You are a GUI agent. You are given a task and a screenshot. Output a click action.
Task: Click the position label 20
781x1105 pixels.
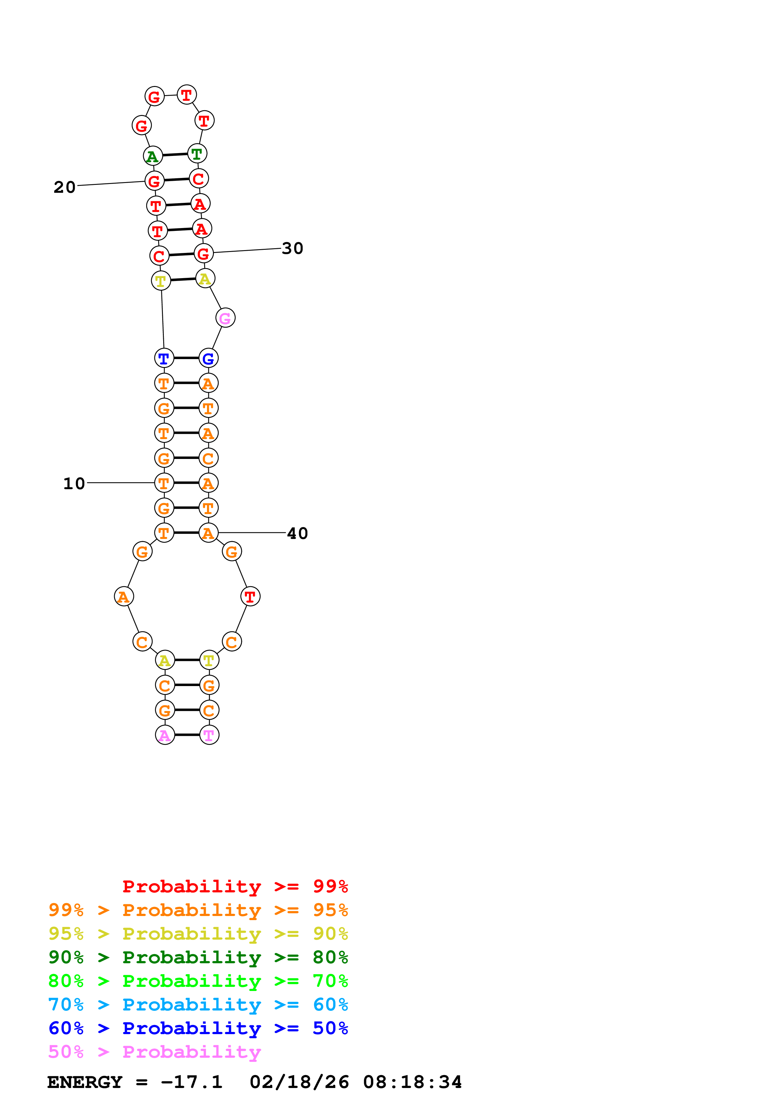[65, 187]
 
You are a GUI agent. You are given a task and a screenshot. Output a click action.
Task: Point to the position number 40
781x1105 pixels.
[297, 533]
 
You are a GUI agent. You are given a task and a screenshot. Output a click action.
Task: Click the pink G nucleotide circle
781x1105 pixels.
[225, 318]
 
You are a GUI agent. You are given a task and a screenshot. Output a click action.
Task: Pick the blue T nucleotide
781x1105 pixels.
[164, 358]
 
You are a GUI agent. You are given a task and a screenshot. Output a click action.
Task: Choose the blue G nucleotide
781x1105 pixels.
[208, 358]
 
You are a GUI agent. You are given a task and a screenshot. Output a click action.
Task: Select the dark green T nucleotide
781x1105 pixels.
[197, 154]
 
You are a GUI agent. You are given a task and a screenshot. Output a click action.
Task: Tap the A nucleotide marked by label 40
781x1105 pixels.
[208, 533]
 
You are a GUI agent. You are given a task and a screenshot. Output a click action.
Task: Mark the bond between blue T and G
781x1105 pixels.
[186, 358]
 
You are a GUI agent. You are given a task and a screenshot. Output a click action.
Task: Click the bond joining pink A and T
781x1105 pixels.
[187, 735]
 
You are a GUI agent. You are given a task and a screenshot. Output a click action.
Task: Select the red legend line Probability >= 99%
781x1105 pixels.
[235, 886]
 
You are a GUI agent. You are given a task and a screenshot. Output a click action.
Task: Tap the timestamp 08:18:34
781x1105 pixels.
[412, 1082]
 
